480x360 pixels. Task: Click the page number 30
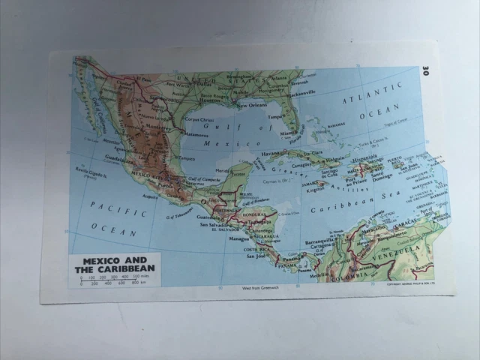pos(424,71)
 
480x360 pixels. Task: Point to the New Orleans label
pos(252,106)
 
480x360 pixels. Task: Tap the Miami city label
pos(289,133)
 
